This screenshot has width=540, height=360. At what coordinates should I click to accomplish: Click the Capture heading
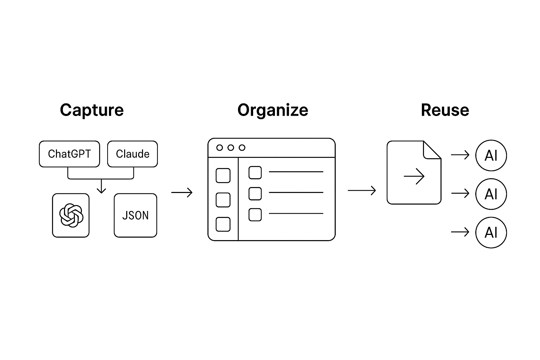(92, 110)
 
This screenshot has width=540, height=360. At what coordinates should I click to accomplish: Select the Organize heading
(273, 110)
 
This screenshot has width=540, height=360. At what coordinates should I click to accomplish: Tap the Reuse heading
(445, 110)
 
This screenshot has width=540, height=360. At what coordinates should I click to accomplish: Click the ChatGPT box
(69, 154)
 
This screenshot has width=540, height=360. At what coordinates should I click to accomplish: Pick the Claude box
(133, 154)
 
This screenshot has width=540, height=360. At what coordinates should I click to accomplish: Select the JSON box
(135, 215)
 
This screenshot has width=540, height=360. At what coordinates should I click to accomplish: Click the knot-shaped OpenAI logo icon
(71, 215)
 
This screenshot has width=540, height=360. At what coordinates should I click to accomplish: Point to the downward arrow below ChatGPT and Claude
(101, 186)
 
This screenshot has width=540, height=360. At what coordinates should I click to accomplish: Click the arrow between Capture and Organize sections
(182, 192)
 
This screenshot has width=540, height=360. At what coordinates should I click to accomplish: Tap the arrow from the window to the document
(362, 191)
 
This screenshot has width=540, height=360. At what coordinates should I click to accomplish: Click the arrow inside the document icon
(414, 176)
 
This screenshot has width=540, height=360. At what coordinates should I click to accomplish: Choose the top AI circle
(491, 155)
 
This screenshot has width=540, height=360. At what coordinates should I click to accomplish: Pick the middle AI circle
(491, 194)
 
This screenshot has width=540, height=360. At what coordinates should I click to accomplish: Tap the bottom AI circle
(491, 232)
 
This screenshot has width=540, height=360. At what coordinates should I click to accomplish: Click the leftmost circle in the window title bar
(220, 148)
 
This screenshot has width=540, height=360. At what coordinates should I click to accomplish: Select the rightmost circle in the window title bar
(242, 148)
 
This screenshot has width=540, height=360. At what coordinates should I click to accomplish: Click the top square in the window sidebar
(223, 175)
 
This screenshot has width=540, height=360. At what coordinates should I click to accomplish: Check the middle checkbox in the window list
(255, 193)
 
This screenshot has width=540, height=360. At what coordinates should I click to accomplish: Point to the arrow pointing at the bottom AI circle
(460, 232)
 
